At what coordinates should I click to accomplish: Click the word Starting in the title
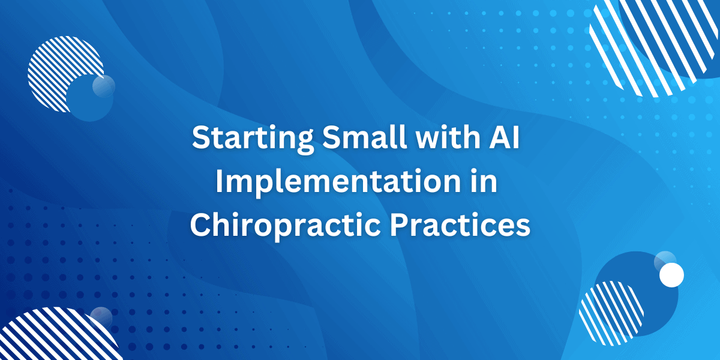tap(253, 139)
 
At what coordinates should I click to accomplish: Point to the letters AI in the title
tap(504, 137)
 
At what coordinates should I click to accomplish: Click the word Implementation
tap(338, 183)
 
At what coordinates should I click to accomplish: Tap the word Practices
tap(460, 225)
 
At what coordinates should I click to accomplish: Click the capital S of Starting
tap(202, 138)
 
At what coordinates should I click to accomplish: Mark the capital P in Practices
tap(400, 226)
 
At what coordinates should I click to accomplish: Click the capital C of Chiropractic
tap(202, 226)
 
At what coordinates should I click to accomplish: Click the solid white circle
tap(671, 275)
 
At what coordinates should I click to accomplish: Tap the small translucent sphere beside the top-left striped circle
tap(103, 86)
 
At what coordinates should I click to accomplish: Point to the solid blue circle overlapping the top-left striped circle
tap(89, 98)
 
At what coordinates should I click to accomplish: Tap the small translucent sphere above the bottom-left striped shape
tap(101, 318)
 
